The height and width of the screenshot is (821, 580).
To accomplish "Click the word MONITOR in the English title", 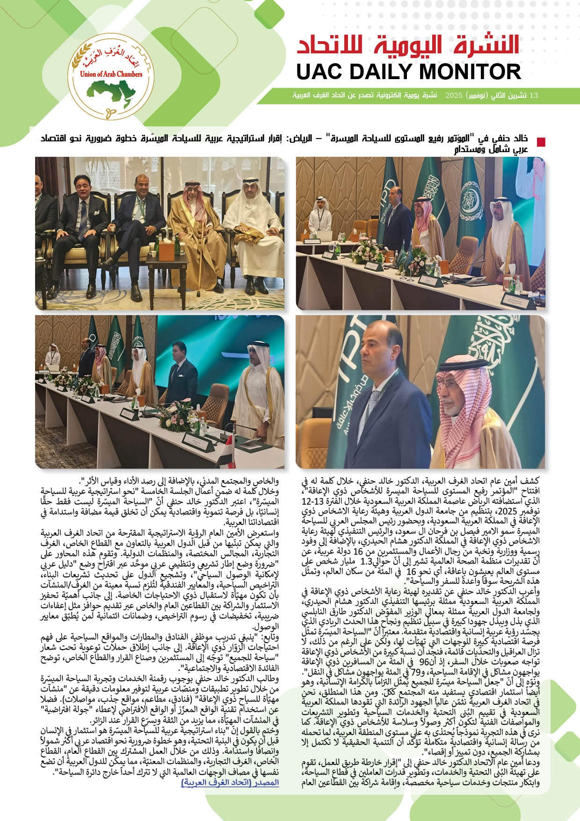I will pyautogui.click(x=469, y=72).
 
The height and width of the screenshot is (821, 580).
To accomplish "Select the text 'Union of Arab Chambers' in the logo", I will pyautogui.click(x=111, y=73).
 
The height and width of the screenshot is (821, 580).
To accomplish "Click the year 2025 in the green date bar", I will pyautogui.click(x=453, y=95).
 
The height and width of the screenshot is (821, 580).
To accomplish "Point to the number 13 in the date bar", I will pyautogui.click(x=533, y=95).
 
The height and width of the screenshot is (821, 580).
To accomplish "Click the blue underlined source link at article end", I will pyautogui.click(x=230, y=782).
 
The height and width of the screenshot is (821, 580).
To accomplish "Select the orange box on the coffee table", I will pyautogui.click(x=166, y=251).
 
